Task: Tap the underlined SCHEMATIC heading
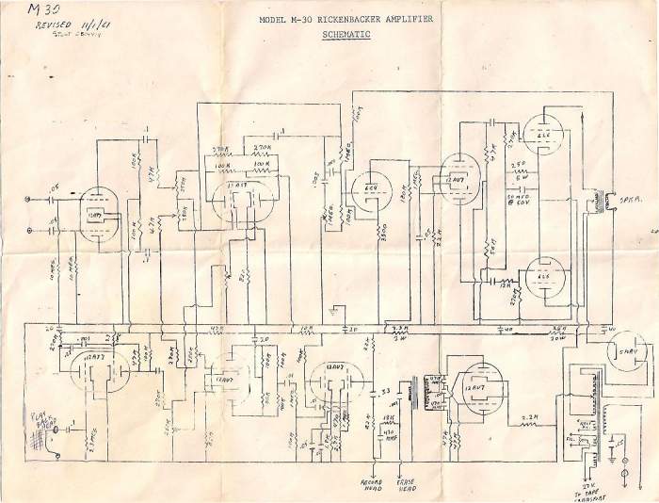pyautogui.click(x=346, y=34)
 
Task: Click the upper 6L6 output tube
pyautogui.click(x=541, y=138)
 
